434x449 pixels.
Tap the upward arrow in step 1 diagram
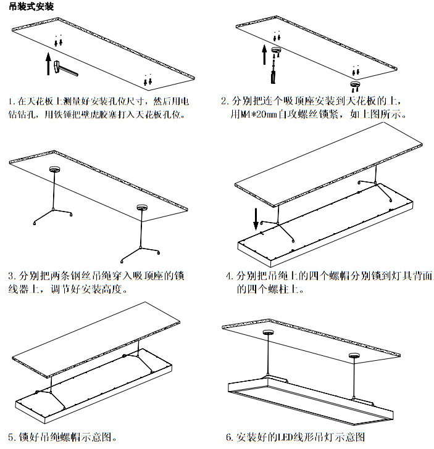tap(48, 63)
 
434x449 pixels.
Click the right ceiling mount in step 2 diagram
tap(355, 82)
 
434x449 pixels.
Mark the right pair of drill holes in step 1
tap(147, 80)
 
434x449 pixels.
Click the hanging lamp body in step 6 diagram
tap(309, 404)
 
